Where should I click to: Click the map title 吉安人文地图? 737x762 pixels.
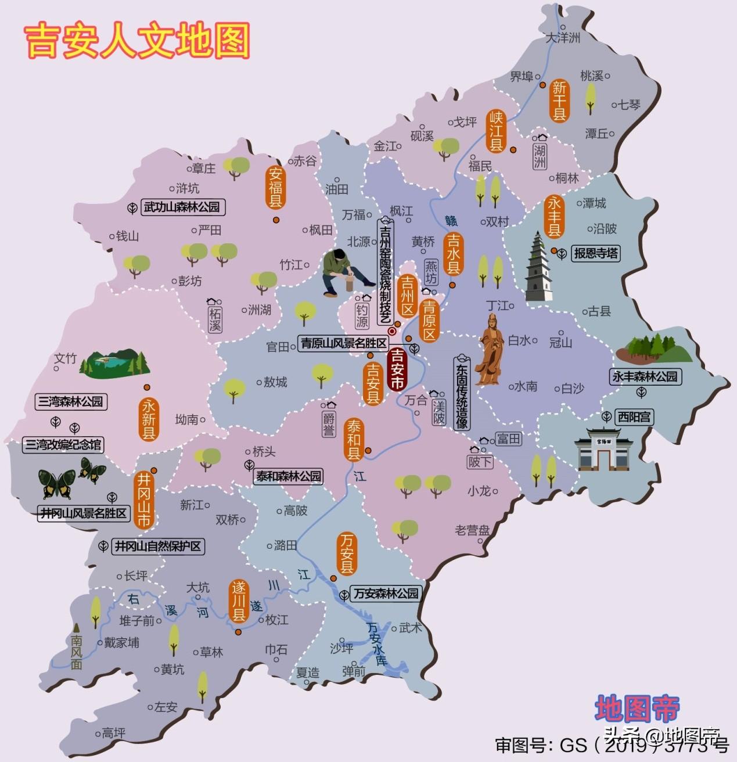[x=138, y=41]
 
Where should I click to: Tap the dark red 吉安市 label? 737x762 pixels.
[x=397, y=369]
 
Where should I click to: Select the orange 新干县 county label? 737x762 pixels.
[x=559, y=100]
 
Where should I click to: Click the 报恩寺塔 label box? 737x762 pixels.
[x=596, y=253]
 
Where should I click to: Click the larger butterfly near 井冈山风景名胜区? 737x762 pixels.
[x=57, y=483]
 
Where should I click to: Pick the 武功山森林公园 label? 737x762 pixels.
[x=182, y=207]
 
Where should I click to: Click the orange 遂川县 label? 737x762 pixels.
[x=239, y=601]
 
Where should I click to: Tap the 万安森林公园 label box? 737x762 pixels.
[x=386, y=594]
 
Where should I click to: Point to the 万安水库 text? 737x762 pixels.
[x=376, y=644]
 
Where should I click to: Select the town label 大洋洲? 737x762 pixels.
[x=563, y=38]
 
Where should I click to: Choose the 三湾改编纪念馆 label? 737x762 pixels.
[x=63, y=445]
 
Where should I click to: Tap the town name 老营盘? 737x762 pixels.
[x=472, y=530]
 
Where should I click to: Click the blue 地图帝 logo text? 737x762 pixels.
[x=637, y=709]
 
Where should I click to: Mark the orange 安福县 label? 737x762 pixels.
[x=275, y=187]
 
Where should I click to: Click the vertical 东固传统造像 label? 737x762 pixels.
[x=462, y=393]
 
